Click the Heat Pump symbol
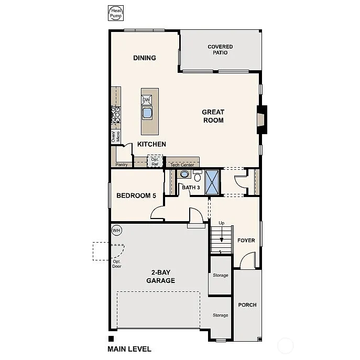(115, 14)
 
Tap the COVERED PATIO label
(220, 50)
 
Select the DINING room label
(145, 58)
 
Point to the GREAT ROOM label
(213, 116)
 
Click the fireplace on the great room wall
(261, 121)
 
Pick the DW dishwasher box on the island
(147, 100)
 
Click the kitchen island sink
(147, 113)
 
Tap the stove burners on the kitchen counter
(116, 115)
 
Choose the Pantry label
(122, 165)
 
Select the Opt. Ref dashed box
(155, 161)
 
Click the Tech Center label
(182, 165)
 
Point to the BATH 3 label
(191, 187)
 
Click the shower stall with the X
(212, 182)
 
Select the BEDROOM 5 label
(136, 196)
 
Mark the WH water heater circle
(116, 230)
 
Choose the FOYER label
(246, 241)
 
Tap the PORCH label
(247, 305)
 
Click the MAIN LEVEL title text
(129, 349)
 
